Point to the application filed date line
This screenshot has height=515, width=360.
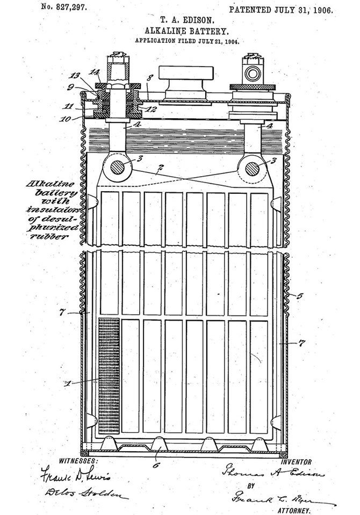(x=186, y=41)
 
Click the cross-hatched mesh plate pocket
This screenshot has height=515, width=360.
(x=109, y=376)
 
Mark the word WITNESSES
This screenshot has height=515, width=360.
(x=78, y=461)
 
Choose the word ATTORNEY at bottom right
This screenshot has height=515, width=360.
(x=293, y=509)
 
